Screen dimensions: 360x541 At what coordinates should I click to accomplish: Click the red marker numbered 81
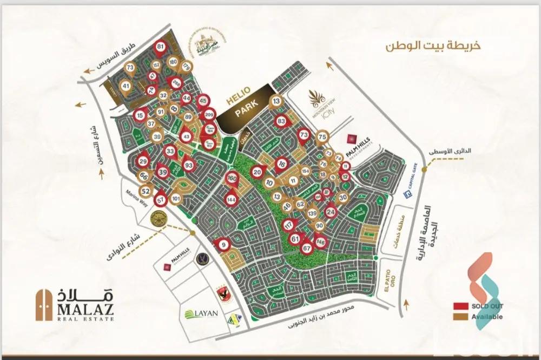click(x=160, y=47)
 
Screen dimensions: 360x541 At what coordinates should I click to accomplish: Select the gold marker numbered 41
click(x=126, y=86)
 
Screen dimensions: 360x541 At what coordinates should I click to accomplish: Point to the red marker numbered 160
click(x=232, y=178)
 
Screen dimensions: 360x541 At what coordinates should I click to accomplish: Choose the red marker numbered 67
click(x=307, y=248)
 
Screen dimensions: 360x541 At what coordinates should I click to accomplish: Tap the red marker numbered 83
click(x=280, y=121)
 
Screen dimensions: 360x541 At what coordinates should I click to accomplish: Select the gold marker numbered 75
click(x=322, y=137)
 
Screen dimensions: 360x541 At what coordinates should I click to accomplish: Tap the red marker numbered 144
click(x=231, y=199)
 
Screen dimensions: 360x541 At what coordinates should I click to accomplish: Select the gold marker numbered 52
click(x=146, y=191)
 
